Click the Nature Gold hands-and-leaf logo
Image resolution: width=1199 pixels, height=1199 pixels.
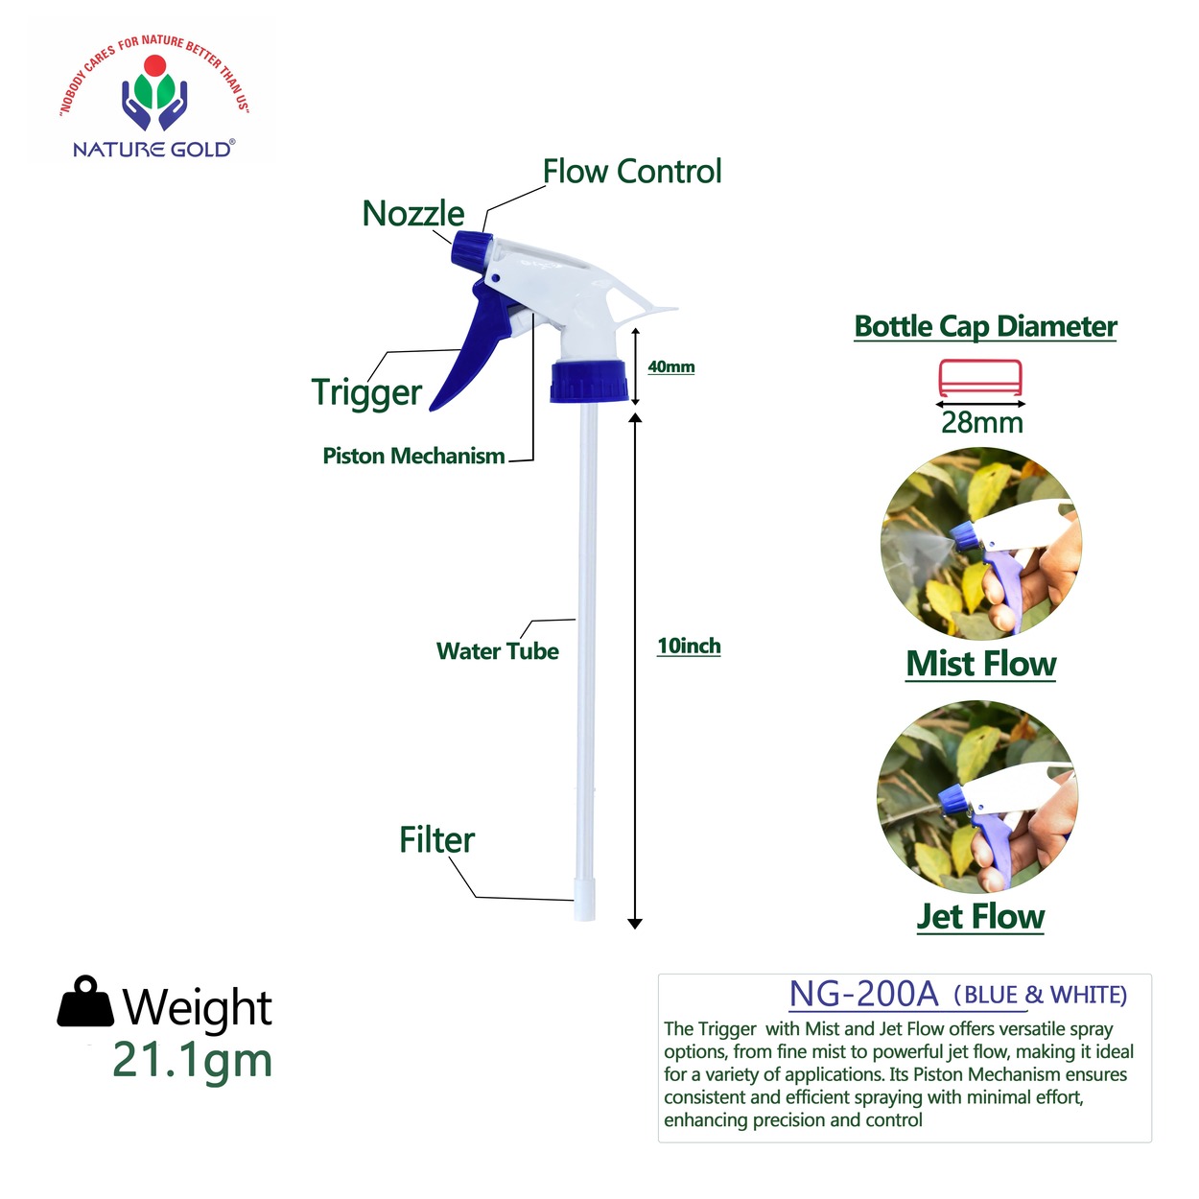[154, 93]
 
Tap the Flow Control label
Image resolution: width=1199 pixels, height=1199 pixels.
[631, 171]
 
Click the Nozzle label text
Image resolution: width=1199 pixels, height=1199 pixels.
[413, 213]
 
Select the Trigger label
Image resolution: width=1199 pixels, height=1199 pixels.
[367, 393]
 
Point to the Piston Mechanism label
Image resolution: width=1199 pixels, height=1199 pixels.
[413, 456]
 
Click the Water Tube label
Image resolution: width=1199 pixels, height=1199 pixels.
[498, 651]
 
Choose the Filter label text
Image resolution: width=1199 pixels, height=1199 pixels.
[436, 840]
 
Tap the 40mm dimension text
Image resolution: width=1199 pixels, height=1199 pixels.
[671, 366]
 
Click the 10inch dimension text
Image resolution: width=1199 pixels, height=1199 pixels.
[689, 646]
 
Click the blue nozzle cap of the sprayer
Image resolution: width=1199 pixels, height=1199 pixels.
[471, 254]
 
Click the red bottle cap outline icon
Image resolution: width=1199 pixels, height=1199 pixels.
[980, 377]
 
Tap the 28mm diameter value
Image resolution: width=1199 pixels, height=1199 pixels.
[982, 422]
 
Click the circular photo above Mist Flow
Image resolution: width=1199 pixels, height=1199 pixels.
[980, 543]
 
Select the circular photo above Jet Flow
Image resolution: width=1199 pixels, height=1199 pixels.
[978, 797]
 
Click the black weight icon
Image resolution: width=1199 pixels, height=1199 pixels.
[86, 1001]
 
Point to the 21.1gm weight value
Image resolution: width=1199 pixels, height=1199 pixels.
[192, 1059]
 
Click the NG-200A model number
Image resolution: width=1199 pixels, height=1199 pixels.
[863, 994]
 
